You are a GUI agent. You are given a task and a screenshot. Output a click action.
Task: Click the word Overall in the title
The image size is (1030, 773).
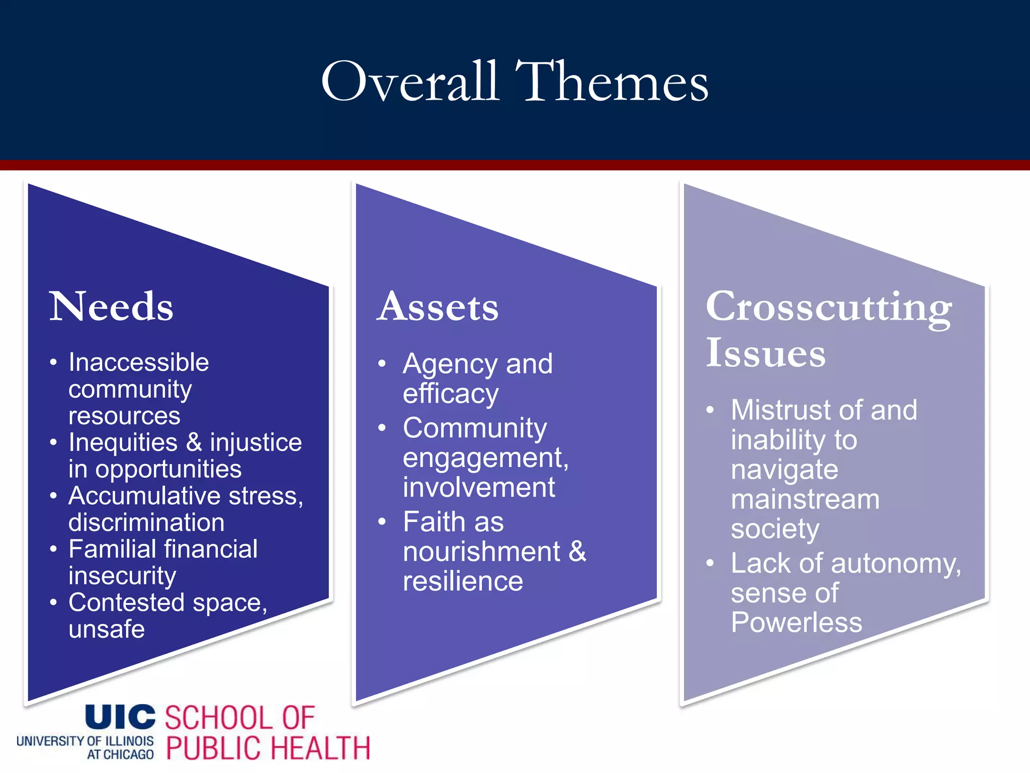[410, 82]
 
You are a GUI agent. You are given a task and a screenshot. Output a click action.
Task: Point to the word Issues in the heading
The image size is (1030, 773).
[765, 353]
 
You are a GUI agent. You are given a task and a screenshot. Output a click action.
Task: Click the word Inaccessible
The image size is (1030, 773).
[139, 362]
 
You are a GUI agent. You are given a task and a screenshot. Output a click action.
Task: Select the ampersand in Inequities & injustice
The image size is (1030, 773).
[194, 442]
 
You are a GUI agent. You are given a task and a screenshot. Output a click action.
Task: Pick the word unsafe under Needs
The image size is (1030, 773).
[107, 630]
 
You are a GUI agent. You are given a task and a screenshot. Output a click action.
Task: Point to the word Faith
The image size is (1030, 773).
[453, 522]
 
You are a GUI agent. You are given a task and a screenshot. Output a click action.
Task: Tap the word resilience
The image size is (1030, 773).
[463, 582]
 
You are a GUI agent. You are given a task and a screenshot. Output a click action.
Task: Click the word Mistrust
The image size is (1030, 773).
[780, 410]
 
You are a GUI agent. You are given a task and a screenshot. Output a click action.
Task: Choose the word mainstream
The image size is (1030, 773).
[805, 500]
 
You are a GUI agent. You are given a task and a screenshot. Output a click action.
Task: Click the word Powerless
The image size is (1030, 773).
[797, 623]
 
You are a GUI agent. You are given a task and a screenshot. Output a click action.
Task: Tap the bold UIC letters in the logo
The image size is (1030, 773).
[120, 717]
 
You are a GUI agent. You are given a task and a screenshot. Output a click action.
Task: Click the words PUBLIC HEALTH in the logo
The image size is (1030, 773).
[268, 748]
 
